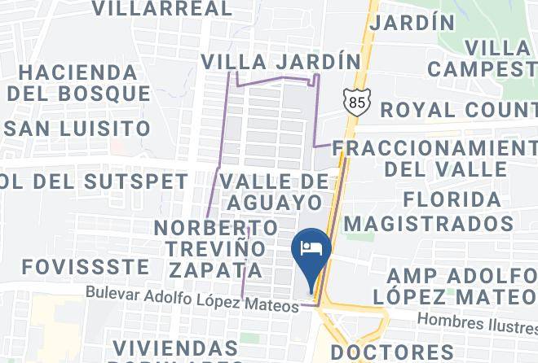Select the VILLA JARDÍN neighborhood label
pos(280,62)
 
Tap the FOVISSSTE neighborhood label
pos(86,266)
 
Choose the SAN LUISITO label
pos(77,129)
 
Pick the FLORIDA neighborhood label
pos(452,199)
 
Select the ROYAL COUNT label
pos(458,109)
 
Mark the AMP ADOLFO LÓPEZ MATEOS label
pos(461,286)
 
